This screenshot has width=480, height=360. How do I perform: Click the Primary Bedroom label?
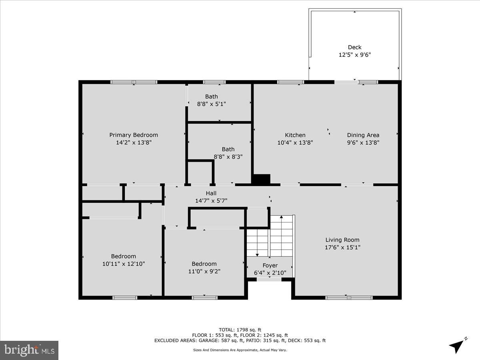[134, 135]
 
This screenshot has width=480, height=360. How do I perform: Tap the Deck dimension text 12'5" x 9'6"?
[354, 55]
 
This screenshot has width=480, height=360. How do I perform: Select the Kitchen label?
[295, 135]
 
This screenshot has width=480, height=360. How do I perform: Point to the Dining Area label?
[363, 135]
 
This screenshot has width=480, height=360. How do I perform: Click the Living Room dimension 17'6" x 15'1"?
[342, 247]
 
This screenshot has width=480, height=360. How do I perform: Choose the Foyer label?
[270, 266]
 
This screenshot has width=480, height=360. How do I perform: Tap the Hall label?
[211, 193]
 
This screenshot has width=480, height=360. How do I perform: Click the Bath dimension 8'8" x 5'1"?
[212, 104]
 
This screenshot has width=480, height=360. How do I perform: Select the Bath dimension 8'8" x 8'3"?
[228, 157]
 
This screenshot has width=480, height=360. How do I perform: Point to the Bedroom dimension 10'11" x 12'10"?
[124, 264]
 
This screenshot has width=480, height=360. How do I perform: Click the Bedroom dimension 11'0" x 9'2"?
[204, 271]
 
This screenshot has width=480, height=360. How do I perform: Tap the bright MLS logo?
[29, 350]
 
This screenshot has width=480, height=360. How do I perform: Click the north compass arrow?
[457, 346]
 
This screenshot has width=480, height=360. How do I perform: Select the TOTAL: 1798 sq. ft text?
[240, 330]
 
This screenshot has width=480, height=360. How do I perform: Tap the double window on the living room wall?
[349, 298]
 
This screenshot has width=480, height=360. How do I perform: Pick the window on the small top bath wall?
[214, 82]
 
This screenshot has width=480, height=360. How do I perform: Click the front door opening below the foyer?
[269, 280]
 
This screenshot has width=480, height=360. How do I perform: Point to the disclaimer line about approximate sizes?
[240, 350]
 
